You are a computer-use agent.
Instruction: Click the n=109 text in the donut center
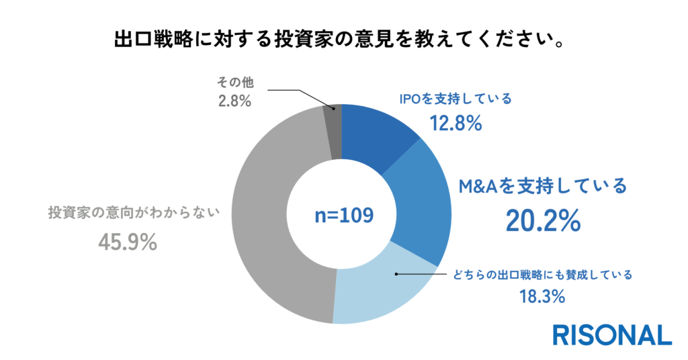pos(343,216)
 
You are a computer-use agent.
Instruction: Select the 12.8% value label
pos(456,124)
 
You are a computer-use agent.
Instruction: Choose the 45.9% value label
pos(128,242)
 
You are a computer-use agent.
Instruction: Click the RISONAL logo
pos(611,334)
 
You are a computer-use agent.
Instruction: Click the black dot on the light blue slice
pos(397,274)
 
